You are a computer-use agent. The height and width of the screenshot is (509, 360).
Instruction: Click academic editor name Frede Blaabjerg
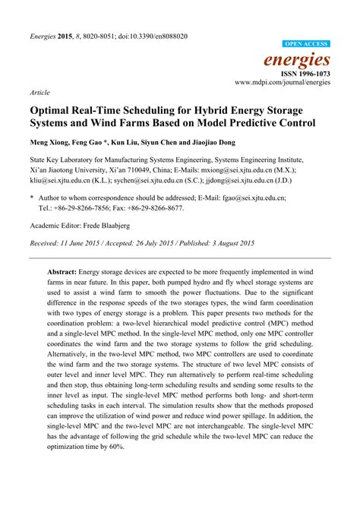coord(112,226)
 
